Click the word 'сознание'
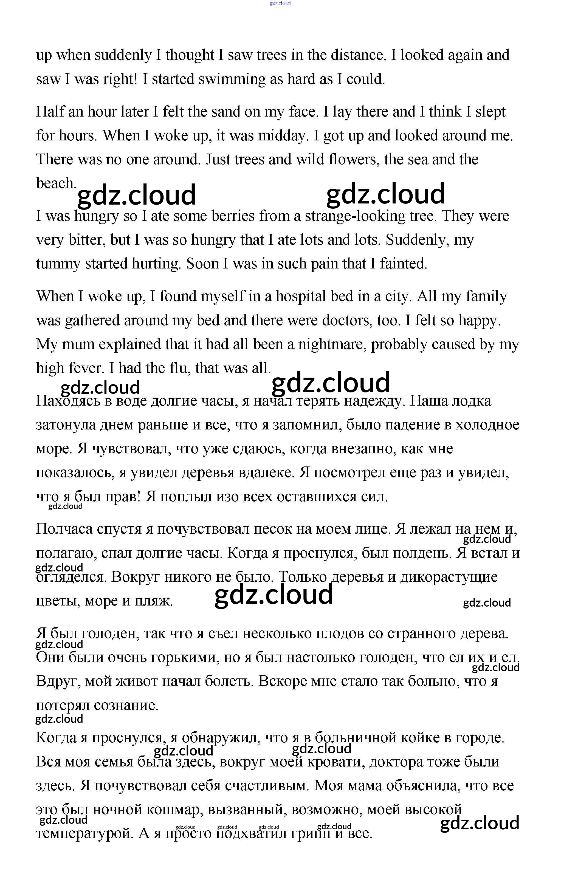[x=126, y=705]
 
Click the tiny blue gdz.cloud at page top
[x=280, y=3]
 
